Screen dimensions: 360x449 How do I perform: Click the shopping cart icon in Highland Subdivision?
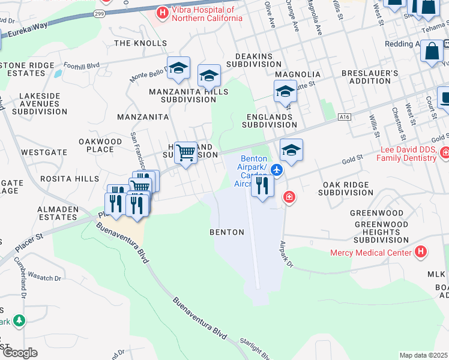tap(186, 153)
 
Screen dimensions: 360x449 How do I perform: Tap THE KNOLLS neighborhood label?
tap(140, 43)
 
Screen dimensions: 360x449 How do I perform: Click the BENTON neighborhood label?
tap(227, 232)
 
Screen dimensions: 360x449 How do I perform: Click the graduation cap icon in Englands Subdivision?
tap(285, 92)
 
